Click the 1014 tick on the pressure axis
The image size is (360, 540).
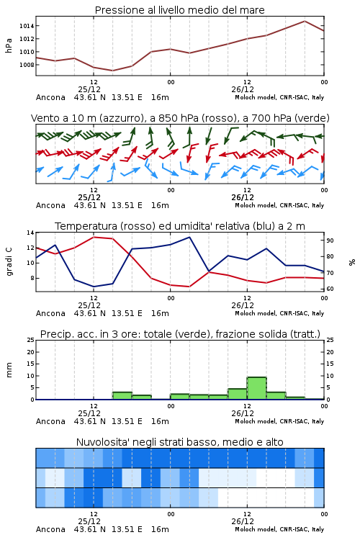[27, 26]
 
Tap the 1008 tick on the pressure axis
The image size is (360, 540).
[27, 65]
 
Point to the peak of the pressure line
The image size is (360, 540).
[305, 21]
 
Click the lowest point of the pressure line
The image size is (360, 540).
[112, 71]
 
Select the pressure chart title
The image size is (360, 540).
[180, 10]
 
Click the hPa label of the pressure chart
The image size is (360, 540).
[9, 45]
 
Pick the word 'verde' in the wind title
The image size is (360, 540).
[311, 118]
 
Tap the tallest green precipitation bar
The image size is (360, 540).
[256, 388]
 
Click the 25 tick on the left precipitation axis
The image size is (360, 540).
[31, 340]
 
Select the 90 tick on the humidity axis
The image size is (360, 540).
[330, 240]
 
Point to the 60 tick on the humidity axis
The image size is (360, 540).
[330, 289]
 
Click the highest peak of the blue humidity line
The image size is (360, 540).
[189, 237]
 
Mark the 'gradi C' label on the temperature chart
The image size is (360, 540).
[9, 261]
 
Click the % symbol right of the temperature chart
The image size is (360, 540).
[352, 262]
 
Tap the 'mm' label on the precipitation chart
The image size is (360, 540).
[9, 370]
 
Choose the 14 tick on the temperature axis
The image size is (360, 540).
[31, 233]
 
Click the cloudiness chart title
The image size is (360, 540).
[180, 442]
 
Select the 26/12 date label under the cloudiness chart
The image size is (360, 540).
[243, 521]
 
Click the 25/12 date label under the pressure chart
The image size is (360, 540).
[89, 89]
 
